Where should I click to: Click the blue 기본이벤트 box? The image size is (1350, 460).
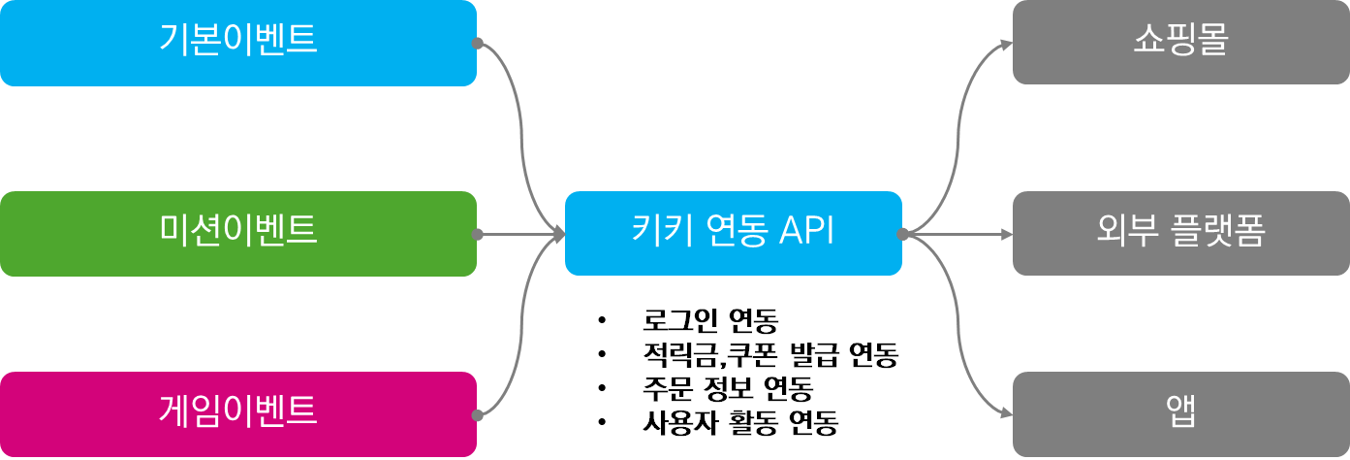pyautogui.click(x=237, y=43)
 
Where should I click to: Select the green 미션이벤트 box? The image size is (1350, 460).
pyautogui.click(x=237, y=234)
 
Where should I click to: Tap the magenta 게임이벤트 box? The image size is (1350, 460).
pyautogui.click(x=237, y=414)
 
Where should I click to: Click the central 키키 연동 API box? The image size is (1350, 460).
pyautogui.click(x=733, y=234)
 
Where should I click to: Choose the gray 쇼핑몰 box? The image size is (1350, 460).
pyautogui.click(x=1180, y=42)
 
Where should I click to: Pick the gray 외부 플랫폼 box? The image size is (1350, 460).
pyautogui.click(x=1180, y=234)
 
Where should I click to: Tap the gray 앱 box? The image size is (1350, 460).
pyautogui.click(x=1180, y=414)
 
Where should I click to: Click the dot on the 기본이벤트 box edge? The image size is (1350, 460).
pyautogui.click(x=477, y=43)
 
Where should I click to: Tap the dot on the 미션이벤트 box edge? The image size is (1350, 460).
pyautogui.click(x=477, y=234)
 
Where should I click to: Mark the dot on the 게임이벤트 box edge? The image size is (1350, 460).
pyautogui.click(x=477, y=414)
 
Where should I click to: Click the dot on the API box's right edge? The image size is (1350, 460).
pyautogui.click(x=902, y=234)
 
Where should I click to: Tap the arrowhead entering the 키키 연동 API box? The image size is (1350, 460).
pyautogui.click(x=558, y=234)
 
